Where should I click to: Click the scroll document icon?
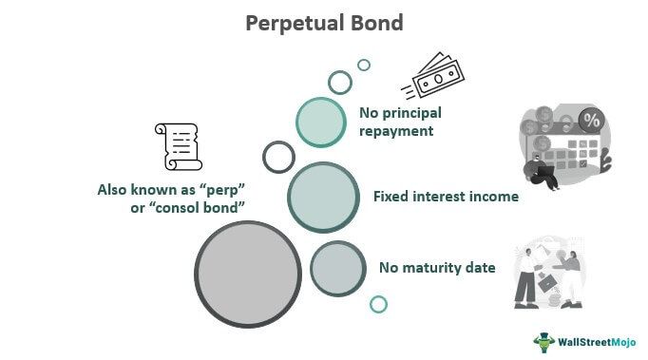178,147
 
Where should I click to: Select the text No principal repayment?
396,123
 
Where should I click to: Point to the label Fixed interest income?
446,197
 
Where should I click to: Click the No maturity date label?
437,268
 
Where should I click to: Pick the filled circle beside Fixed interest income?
321,197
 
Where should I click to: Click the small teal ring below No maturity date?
378,304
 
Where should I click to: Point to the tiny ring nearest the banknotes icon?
363,66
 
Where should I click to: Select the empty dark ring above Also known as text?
278,157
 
